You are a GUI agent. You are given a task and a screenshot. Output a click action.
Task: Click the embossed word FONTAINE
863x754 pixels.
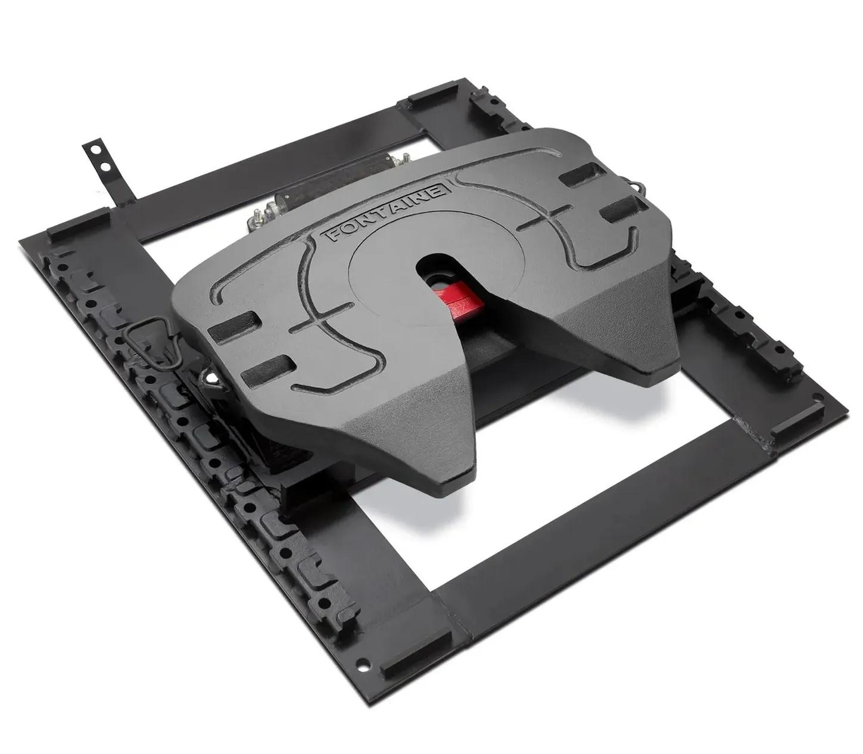(x=388, y=212)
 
